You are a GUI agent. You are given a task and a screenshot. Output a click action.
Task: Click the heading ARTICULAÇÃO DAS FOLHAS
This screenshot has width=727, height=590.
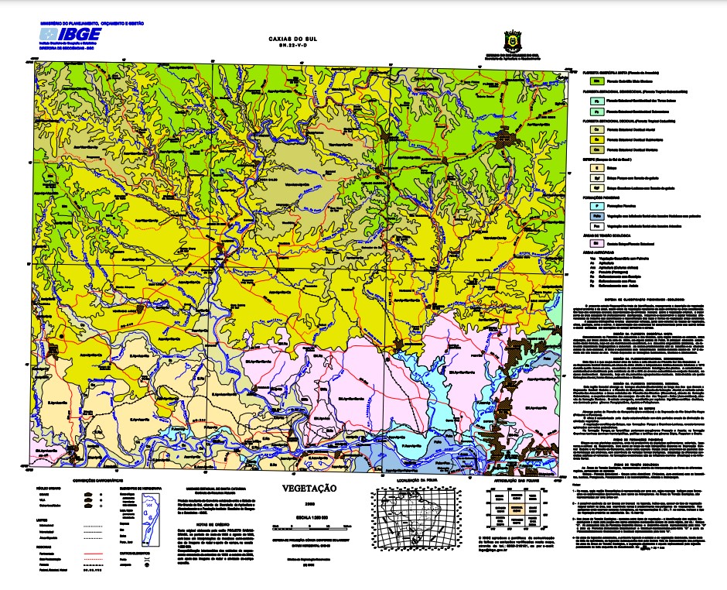click(517, 482)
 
